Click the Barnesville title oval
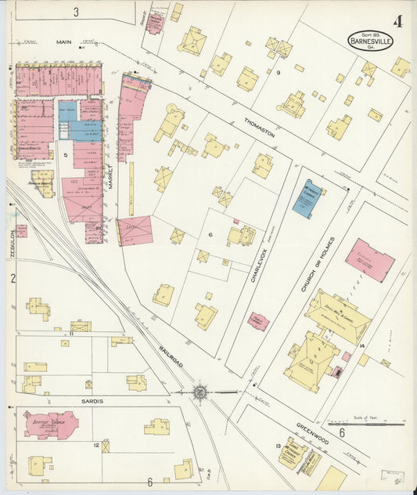(x=372, y=40)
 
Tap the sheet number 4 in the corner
(x=398, y=20)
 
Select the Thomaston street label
(x=260, y=128)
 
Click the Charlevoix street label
(x=255, y=255)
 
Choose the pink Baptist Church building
(x=50, y=425)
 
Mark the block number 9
(x=278, y=72)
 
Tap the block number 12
(x=95, y=445)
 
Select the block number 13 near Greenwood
(x=278, y=446)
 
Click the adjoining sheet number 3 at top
(x=76, y=11)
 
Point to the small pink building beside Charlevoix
(x=258, y=321)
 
